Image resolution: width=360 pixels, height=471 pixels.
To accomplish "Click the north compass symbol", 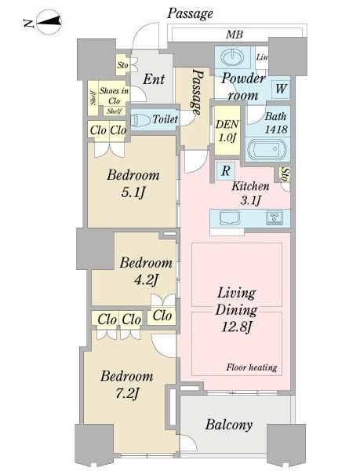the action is coord(49,22).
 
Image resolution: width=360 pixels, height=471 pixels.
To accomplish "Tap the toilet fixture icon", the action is coord(140,120).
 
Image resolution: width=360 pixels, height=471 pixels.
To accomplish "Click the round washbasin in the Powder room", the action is coord(233,57).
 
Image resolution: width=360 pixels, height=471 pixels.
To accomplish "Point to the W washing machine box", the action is coord(281,89).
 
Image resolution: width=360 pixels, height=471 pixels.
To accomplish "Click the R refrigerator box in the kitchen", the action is coord(226,171).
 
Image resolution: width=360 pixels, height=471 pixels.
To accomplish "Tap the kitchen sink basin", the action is coord(230,217).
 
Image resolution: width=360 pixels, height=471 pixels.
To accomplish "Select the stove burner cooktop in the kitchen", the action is coord(275,217).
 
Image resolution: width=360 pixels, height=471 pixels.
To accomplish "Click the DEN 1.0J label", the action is coord(227,130).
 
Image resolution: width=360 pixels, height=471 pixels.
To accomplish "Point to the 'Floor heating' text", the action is coord(252,367).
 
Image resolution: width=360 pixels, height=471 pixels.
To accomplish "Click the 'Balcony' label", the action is coord(228,425).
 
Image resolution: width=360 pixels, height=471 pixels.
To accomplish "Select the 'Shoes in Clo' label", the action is coord(114,95).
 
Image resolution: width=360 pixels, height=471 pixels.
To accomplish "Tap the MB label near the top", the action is coord(235,35).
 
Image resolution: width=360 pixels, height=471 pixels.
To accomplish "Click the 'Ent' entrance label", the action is coord(154,79).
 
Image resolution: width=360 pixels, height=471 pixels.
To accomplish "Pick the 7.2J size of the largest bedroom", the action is coord(126,393).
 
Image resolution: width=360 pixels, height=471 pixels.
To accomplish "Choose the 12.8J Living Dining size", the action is coord(237,327).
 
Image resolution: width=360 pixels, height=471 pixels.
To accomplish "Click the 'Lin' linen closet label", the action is coord(262,57).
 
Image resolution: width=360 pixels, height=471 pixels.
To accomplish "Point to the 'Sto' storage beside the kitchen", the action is coord(285,175).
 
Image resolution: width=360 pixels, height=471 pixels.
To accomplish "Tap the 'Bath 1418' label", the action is coord(276,122).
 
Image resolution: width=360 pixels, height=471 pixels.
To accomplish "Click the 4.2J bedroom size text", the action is coord(146,280).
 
